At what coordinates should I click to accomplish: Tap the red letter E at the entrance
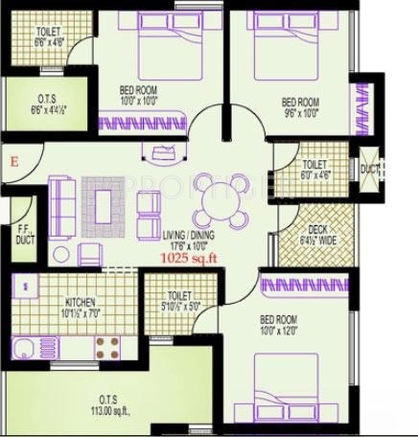(14, 162)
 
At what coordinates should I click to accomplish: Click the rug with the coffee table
(104, 202)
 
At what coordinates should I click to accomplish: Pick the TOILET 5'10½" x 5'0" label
(179, 301)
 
